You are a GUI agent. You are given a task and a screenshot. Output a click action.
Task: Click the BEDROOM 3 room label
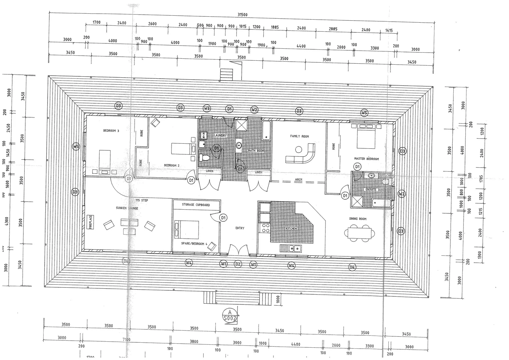click(x=111, y=131)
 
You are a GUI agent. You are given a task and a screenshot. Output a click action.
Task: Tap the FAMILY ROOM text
click(x=299, y=136)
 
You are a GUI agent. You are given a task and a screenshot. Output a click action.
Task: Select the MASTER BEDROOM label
click(x=366, y=159)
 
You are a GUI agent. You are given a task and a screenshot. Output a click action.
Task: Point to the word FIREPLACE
click(x=90, y=222)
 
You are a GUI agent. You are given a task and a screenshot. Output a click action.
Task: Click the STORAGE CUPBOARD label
click(x=196, y=205)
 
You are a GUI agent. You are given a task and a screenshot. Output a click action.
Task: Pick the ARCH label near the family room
click(x=298, y=180)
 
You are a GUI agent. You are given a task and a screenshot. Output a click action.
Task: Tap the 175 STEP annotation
click(x=142, y=200)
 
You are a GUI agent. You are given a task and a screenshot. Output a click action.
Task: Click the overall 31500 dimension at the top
click(x=242, y=15)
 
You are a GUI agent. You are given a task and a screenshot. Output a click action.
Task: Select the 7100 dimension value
click(x=126, y=340)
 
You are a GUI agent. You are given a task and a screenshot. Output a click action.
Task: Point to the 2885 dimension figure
click(x=333, y=29)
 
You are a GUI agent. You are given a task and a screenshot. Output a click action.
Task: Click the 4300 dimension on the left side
click(x=6, y=222)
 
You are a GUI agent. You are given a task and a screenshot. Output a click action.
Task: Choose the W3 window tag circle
click(x=207, y=108)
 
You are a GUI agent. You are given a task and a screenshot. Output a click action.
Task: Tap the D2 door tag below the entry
click(x=238, y=264)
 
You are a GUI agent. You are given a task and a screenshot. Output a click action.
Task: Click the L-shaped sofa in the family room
click(x=301, y=154)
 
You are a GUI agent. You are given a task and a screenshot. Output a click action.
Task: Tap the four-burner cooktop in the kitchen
click(x=266, y=228)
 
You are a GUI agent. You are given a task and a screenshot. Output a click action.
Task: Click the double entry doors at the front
click(x=238, y=251)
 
